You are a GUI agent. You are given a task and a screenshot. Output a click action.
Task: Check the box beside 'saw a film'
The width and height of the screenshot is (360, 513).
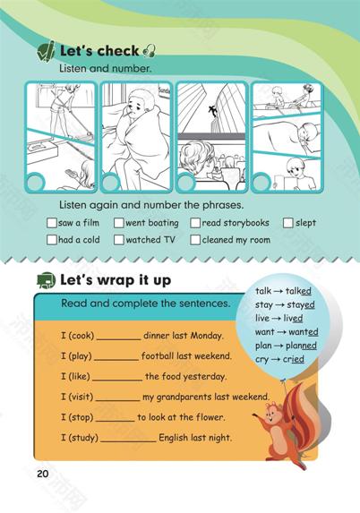click(x=52, y=223)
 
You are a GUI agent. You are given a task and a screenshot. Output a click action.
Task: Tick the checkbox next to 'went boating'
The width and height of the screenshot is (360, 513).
click(x=118, y=223)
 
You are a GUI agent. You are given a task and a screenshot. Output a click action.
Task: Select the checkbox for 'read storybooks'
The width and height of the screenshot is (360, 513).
click(x=195, y=223)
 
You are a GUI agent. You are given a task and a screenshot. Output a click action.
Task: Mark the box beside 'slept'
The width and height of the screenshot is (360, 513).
click(x=287, y=223)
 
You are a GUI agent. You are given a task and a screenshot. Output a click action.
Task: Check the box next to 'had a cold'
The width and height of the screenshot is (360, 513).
click(x=52, y=240)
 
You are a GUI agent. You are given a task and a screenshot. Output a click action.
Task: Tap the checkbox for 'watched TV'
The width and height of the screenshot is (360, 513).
click(x=118, y=240)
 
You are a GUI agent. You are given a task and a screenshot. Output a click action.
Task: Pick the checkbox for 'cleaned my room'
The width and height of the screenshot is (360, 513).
click(x=195, y=240)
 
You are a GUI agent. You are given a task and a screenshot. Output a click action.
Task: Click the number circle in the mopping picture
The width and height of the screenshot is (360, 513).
click(x=35, y=182)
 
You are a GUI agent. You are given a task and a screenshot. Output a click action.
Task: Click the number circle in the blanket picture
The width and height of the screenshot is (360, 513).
click(x=110, y=182)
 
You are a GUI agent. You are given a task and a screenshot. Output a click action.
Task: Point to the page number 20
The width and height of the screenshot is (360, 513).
click(x=43, y=474)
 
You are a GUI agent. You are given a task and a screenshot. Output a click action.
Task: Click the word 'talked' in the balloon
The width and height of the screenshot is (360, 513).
click(x=298, y=291)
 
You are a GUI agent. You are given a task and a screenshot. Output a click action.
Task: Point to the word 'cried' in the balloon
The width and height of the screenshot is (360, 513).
click(x=293, y=359)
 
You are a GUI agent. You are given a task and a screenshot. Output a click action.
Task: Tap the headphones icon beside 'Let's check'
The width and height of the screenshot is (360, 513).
click(x=150, y=51)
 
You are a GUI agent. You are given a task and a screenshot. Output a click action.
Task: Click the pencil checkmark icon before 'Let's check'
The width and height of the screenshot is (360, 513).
click(x=47, y=51)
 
